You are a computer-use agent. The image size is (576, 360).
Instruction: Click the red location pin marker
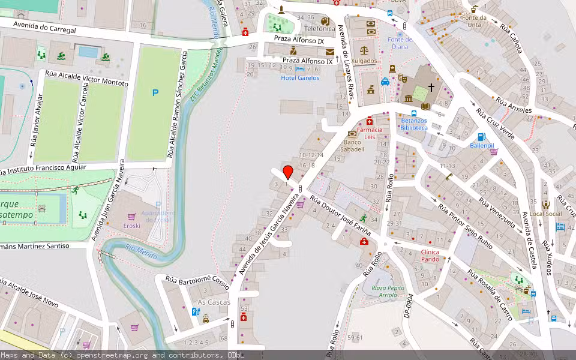(x=288, y=172)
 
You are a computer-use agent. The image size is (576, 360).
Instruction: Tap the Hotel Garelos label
(x=300, y=78)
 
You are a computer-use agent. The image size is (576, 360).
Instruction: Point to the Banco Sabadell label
(x=352, y=146)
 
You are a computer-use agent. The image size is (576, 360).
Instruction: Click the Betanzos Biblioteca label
(x=414, y=124)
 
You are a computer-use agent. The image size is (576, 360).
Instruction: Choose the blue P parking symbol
(x=155, y=92)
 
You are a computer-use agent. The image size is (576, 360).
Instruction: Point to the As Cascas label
(x=214, y=302)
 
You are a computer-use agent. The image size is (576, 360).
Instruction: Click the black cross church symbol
(x=431, y=88)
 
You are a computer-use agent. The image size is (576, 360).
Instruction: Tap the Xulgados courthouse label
(x=364, y=61)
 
